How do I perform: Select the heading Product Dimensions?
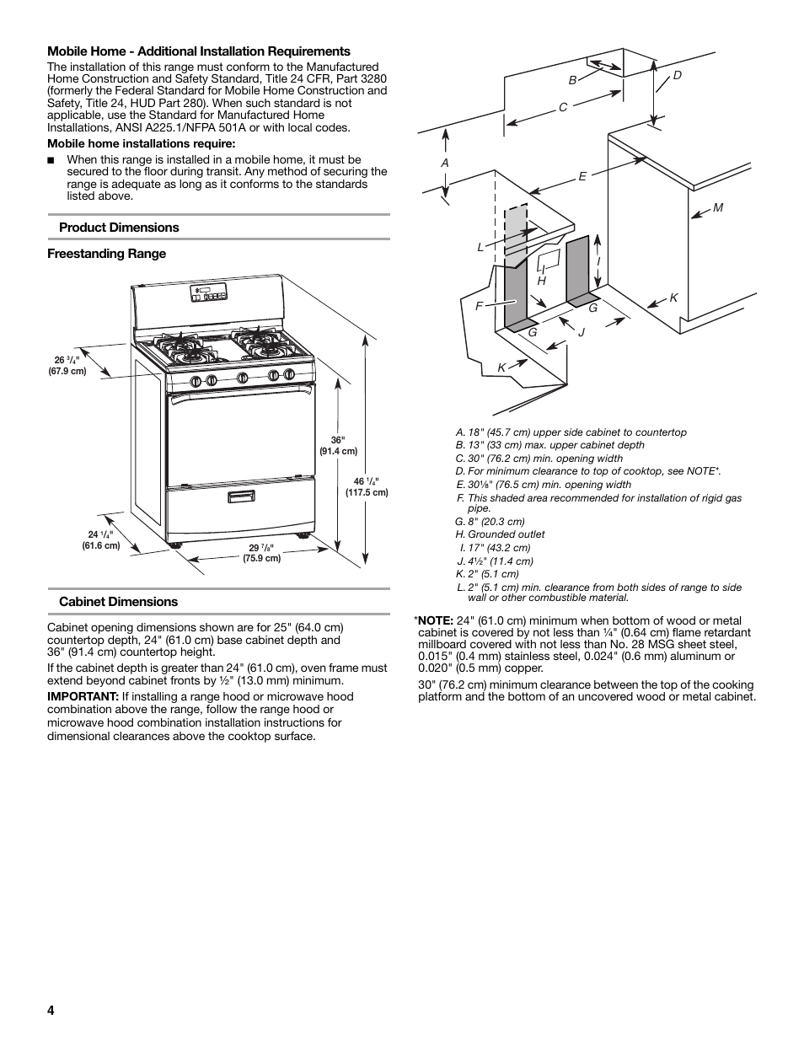pyautogui.click(x=119, y=228)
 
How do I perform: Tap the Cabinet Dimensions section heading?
pyautogui.click(x=118, y=602)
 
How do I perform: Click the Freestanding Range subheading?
pyautogui.click(x=106, y=254)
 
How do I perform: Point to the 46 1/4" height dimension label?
pyautogui.click(x=367, y=487)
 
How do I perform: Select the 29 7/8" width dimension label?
pyautogui.click(x=261, y=553)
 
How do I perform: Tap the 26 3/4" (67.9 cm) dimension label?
pyautogui.click(x=67, y=365)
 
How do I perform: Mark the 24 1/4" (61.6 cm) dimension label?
pyautogui.click(x=101, y=540)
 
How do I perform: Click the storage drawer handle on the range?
pyautogui.click(x=241, y=497)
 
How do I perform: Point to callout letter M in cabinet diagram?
pyautogui.click(x=718, y=207)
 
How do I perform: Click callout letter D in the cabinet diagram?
pyautogui.click(x=676, y=76)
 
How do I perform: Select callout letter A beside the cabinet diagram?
pyautogui.click(x=445, y=163)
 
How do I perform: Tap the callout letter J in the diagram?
pyautogui.click(x=581, y=332)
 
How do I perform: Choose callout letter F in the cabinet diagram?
pyautogui.click(x=479, y=306)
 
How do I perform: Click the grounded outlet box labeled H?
pyautogui.click(x=548, y=261)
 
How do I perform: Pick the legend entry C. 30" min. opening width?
pyautogui.click(x=539, y=459)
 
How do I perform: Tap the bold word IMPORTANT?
pyautogui.click(x=82, y=697)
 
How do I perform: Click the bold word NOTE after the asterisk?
pyautogui.click(x=436, y=621)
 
